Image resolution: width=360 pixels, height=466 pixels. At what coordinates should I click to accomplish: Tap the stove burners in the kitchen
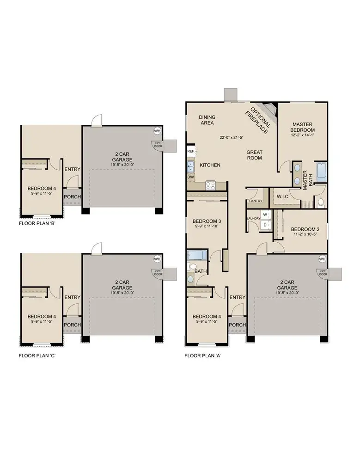click(210, 185)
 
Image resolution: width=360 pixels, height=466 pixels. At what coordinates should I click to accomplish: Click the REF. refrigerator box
click(190, 151)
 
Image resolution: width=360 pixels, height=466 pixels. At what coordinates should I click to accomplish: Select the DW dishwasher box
click(190, 177)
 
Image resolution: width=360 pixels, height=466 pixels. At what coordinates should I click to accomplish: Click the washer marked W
click(265, 215)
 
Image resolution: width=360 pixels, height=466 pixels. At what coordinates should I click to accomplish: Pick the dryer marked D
click(265, 225)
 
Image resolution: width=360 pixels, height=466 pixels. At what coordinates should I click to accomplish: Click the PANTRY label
click(256, 201)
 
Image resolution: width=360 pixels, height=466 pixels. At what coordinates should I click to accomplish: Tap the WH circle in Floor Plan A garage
click(322, 258)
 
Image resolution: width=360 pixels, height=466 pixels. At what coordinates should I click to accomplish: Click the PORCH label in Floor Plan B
click(72, 197)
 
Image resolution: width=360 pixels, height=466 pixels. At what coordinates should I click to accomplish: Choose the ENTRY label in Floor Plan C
click(72, 297)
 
